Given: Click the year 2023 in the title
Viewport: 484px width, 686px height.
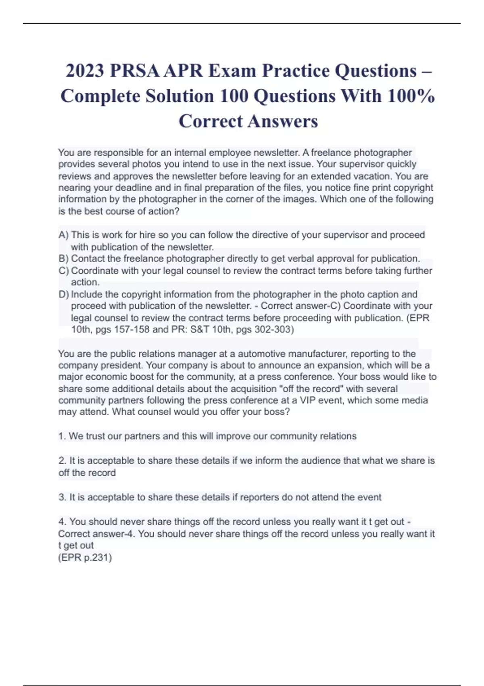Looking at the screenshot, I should (x=85, y=71).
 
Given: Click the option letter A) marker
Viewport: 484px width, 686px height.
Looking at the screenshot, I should (x=63, y=235).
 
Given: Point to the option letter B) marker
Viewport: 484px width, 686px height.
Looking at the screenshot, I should (x=63, y=259).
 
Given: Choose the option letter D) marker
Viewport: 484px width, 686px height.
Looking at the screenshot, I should (x=64, y=294).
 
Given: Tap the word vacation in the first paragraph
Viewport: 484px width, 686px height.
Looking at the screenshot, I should (x=372, y=176).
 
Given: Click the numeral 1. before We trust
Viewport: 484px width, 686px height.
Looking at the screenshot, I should (x=62, y=436).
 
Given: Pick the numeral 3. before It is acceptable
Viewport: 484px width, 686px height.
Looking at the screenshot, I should (x=62, y=497).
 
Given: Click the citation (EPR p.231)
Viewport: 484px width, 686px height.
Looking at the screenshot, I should (x=85, y=558).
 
